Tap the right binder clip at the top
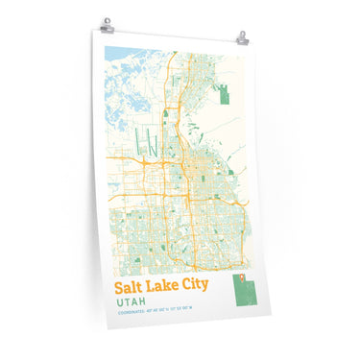pyautogui.click(x=242, y=40)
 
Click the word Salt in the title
pyautogui.click(x=130, y=286)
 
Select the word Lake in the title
pyautogui.click(x=164, y=286)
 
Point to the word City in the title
pyautogui.click(x=197, y=286)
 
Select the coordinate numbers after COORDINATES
pyautogui.click(x=168, y=309)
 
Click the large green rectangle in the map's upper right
pyautogui.click(x=225, y=97)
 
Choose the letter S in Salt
pyautogui.click(x=119, y=286)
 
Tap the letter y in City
pyautogui.click(x=206, y=288)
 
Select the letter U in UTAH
pyautogui.click(x=118, y=300)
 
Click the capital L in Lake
pyautogui.click(x=153, y=286)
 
